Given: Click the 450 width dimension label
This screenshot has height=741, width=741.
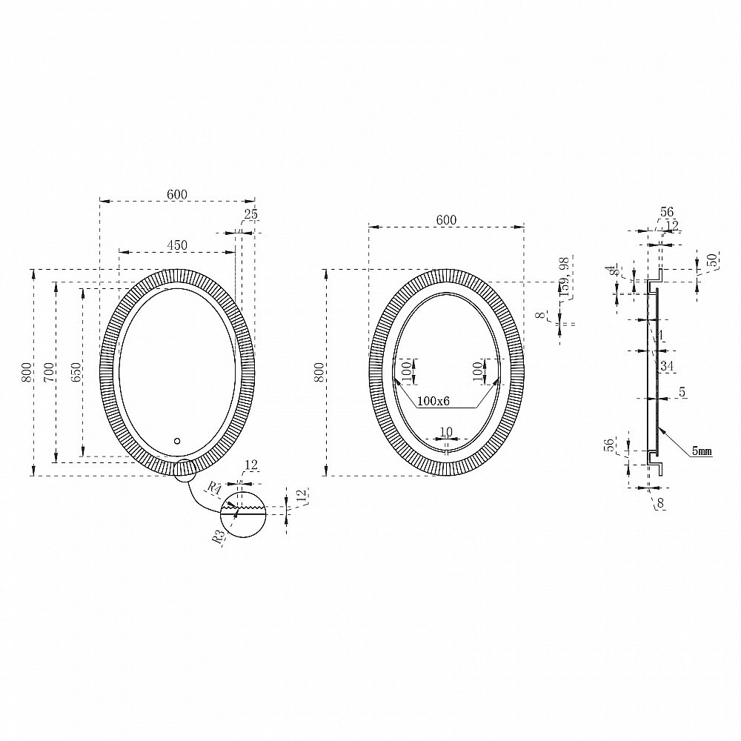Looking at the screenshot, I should pos(176,245).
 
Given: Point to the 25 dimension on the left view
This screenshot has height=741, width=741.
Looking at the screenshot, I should pos(250,214).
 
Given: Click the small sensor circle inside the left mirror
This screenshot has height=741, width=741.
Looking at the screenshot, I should pos(176,442).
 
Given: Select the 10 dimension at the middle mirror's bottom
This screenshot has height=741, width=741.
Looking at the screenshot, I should pos(446,431).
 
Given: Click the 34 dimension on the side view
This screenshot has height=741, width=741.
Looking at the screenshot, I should pos(666,365).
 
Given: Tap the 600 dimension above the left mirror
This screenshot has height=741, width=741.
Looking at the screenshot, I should pos(177,194).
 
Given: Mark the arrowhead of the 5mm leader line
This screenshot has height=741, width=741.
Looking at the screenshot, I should pos(658,428).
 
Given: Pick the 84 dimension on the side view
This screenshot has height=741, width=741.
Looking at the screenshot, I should pos(612,272).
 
